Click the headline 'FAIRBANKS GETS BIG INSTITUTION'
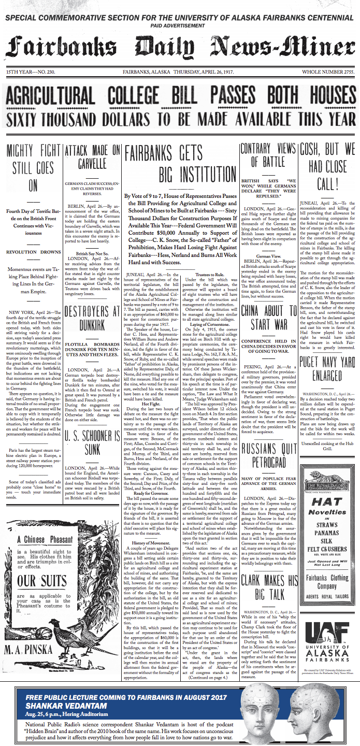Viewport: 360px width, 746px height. click(180, 161)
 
